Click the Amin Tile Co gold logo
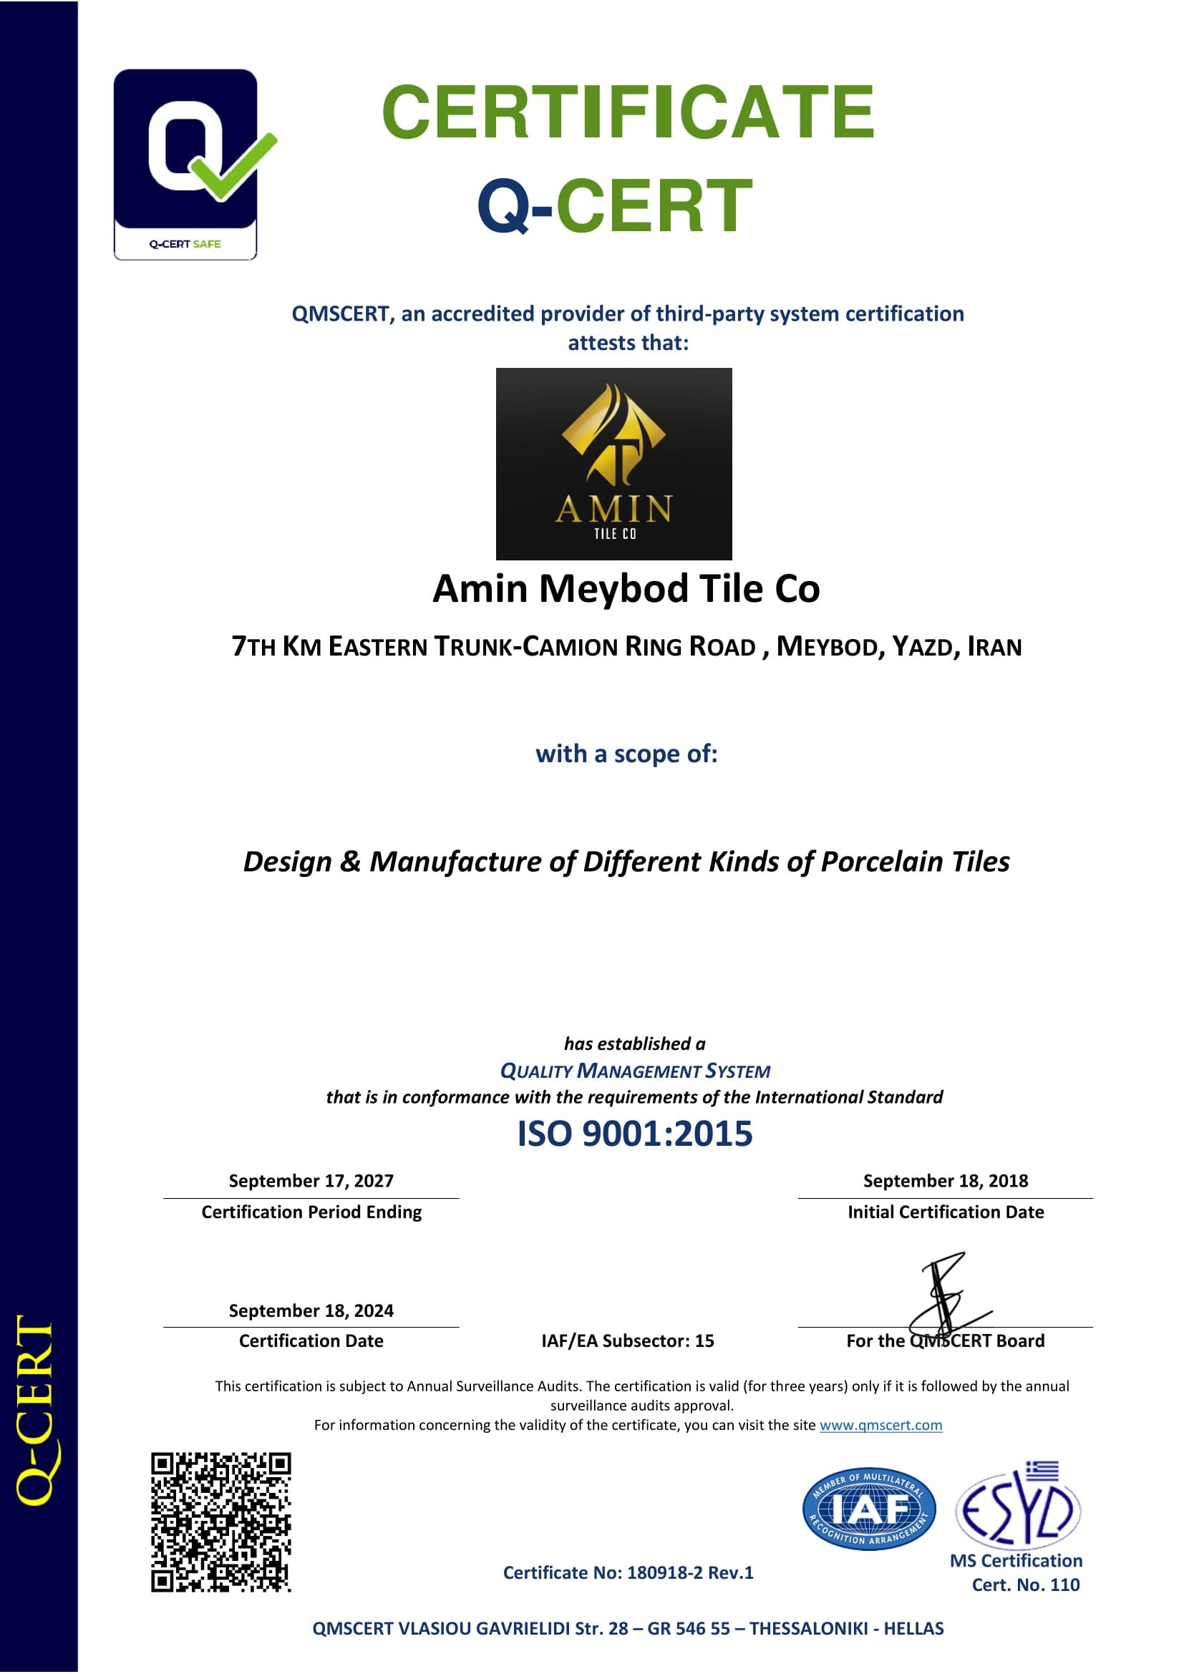613,464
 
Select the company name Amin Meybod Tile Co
626,588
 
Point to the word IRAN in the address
994,648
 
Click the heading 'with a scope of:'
626,754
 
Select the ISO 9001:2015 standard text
634,1134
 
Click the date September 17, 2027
311,1181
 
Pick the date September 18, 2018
945,1181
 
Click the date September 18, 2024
311,1311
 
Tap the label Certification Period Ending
311,1212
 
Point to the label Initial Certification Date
945,1212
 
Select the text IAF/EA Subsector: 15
628,1341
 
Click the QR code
221,1522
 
